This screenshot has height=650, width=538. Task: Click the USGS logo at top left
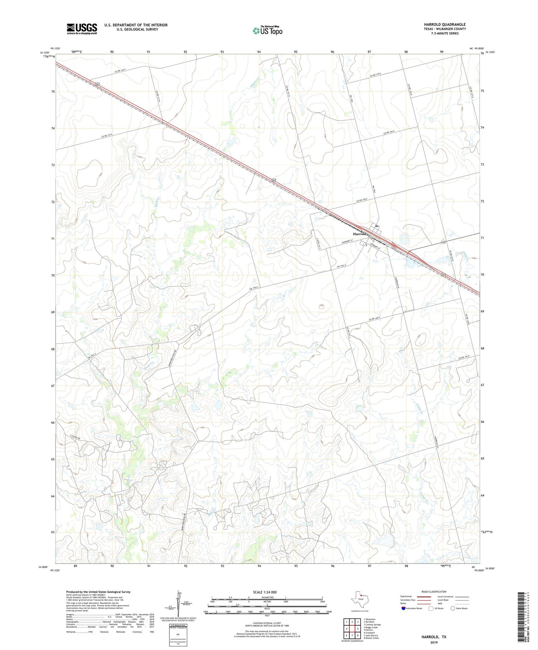[x=82, y=29]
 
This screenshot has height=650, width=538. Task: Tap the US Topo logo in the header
[x=268, y=31]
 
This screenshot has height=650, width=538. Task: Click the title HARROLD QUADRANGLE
[x=445, y=24]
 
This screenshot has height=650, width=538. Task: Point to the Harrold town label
[x=359, y=234]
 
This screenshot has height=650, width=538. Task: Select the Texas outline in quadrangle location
[x=359, y=598]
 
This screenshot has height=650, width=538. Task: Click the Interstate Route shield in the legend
[x=403, y=608]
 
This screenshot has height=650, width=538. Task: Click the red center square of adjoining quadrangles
[x=352, y=628]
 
